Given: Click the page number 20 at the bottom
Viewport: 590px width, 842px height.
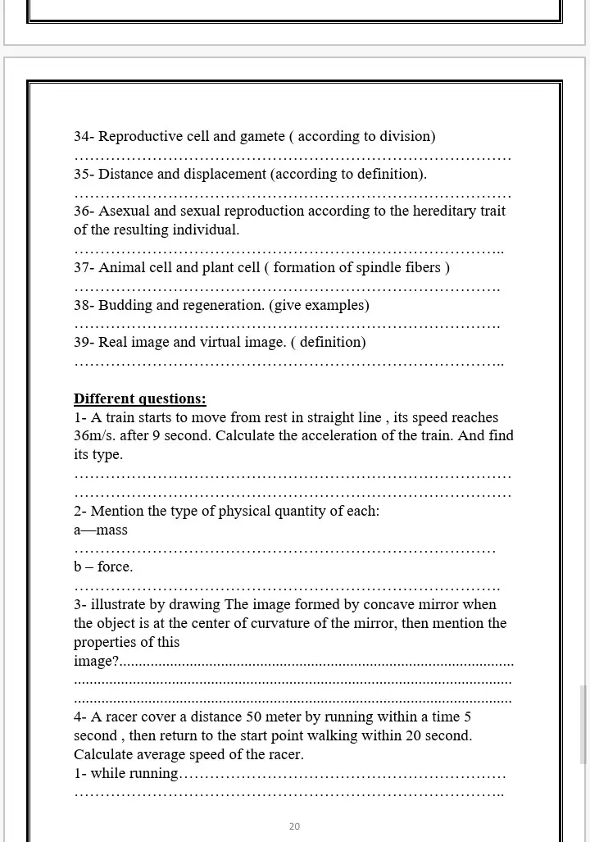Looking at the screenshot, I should pos(294,826).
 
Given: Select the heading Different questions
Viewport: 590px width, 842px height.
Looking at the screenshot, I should pos(139,399).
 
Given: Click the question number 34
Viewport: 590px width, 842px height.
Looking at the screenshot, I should pos(82,137).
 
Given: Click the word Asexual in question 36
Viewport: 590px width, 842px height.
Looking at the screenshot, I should pos(124,212).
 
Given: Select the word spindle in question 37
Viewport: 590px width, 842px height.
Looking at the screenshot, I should pos(379,268).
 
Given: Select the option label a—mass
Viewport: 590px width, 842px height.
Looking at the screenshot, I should pos(101,530).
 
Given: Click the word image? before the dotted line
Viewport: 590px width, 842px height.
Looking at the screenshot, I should pos(96,662).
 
